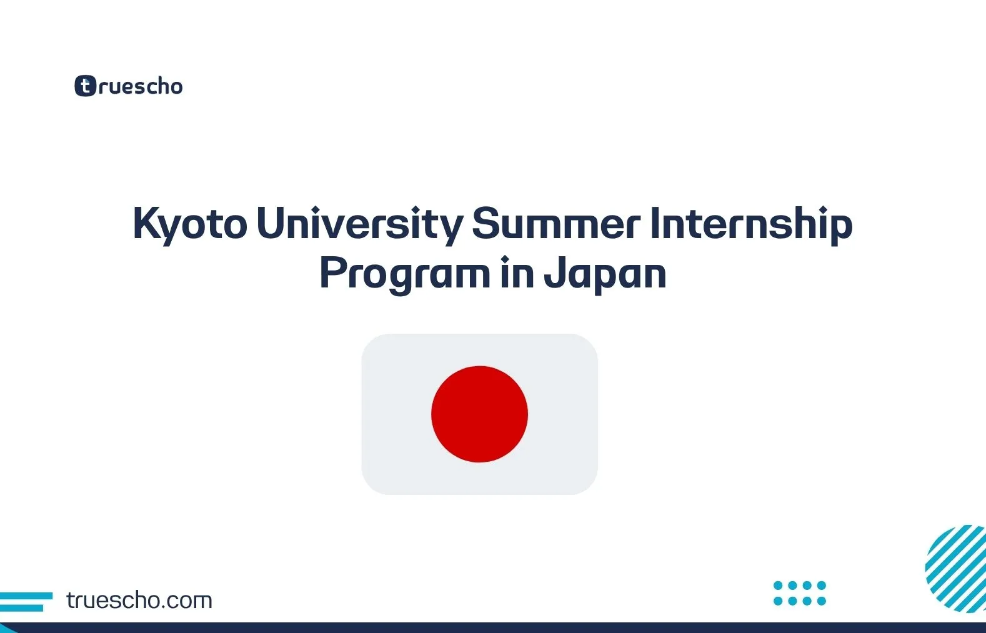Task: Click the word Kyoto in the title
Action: tap(190, 224)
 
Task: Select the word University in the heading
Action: tap(359, 224)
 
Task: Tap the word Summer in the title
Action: tap(556, 224)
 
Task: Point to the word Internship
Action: tap(751, 224)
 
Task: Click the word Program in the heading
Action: tap(404, 274)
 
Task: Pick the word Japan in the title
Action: tap(605, 274)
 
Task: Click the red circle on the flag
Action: tap(479, 414)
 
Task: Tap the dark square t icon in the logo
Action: tap(85, 86)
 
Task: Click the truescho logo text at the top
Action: tap(140, 86)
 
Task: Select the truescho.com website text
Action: tap(139, 601)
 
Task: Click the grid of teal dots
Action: tap(800, 593)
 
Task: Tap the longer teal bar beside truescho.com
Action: tap(26, 596)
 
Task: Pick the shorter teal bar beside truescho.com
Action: tap(21, 607)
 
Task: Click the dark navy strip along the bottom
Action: tap(493, 627)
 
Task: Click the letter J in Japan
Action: tap(552, 274)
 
